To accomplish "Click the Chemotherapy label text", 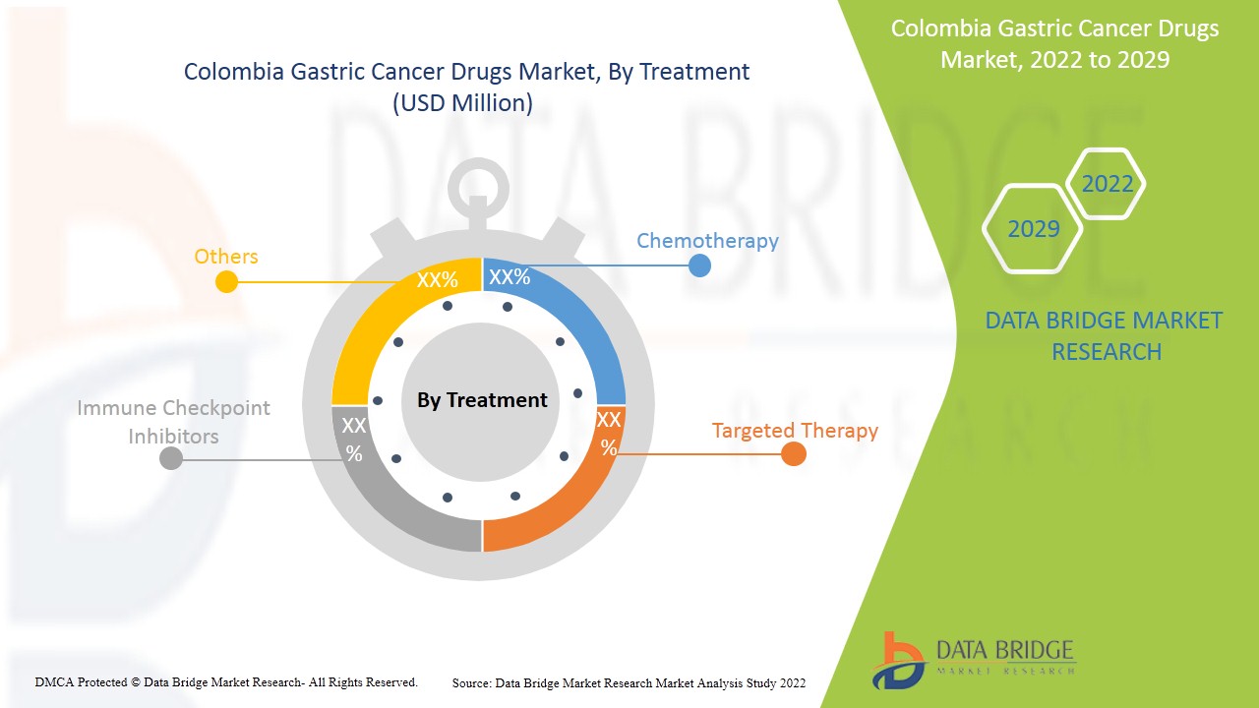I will pos(707,241).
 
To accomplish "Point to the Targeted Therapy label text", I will pos(795,431).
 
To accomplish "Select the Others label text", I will pos(225,257).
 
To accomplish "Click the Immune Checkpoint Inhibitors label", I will pos(173,421).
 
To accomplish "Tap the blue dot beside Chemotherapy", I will pos(699,265).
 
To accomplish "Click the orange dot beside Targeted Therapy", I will pos(794,454).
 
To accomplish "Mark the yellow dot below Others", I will pos(226,282).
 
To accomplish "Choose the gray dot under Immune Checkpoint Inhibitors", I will pos(171,458).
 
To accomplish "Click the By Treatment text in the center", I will pos(482,400).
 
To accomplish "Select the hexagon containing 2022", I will pos(1107,184).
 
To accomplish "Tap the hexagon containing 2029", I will pos(1034,229).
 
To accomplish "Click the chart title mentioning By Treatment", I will pos(466,87).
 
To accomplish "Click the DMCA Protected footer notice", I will pos(226,681).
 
